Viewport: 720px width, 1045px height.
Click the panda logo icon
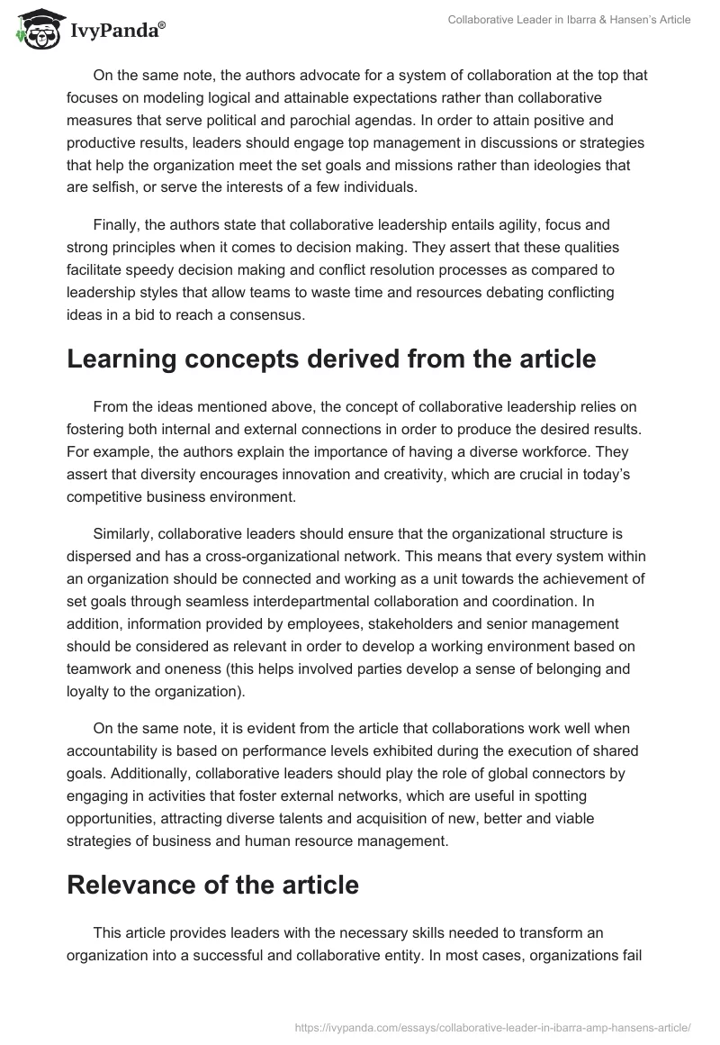tap(32, 29)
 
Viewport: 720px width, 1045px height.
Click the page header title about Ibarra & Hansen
tap(569, 20)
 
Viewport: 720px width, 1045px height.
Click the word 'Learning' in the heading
tap(123, 359)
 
